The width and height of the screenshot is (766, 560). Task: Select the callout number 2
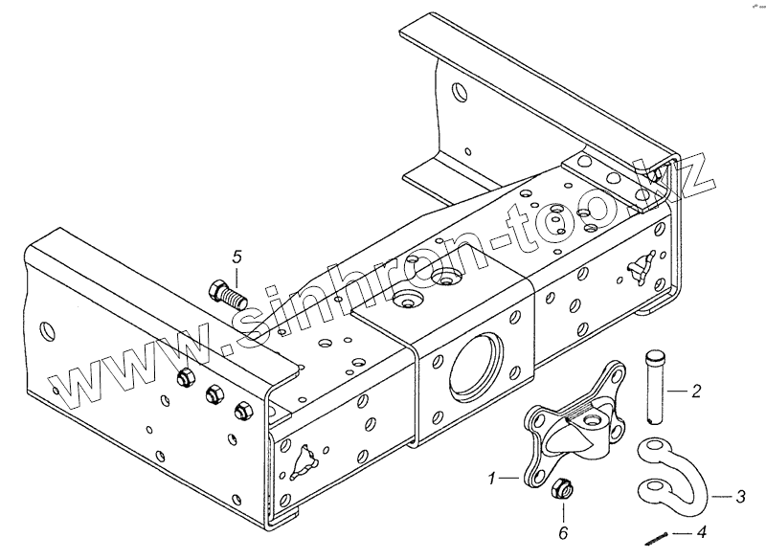tap(696, 391)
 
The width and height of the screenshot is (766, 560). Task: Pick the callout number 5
tap(237, 256)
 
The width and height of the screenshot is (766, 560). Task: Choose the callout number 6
tap(562, 531)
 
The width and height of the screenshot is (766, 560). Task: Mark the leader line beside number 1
tap(510, 474)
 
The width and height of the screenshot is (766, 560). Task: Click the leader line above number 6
tap(561, 510)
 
